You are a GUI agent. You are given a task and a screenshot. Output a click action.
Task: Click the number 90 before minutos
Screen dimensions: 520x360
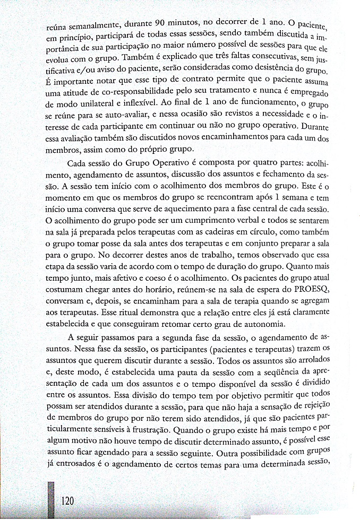[x=161, y=23]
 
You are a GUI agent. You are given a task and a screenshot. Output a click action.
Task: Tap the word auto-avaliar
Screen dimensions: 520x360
[x=117, y=115]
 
